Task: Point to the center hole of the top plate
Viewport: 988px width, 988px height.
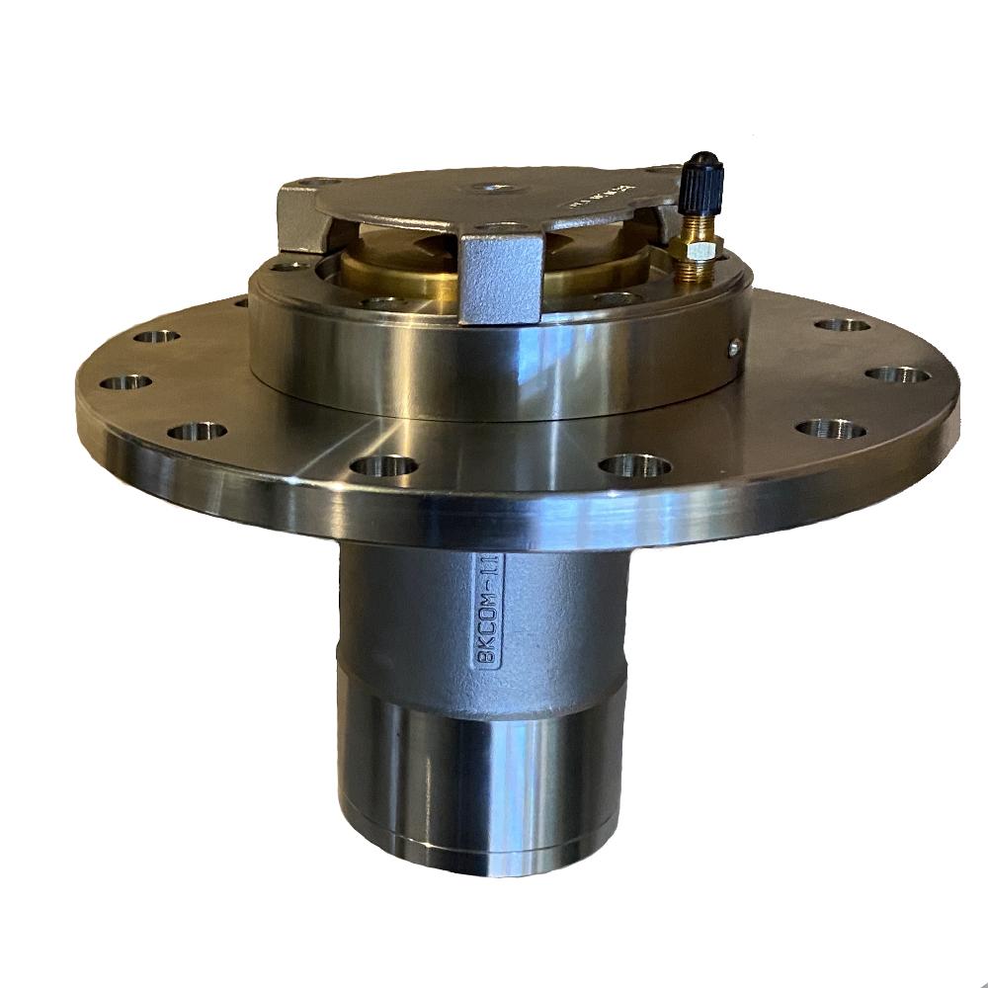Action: point(487,188)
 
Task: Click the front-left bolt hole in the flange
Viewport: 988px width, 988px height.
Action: point(383,463)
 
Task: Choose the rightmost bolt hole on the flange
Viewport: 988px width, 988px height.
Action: point(896,374)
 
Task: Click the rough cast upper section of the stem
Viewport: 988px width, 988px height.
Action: point(415,613)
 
